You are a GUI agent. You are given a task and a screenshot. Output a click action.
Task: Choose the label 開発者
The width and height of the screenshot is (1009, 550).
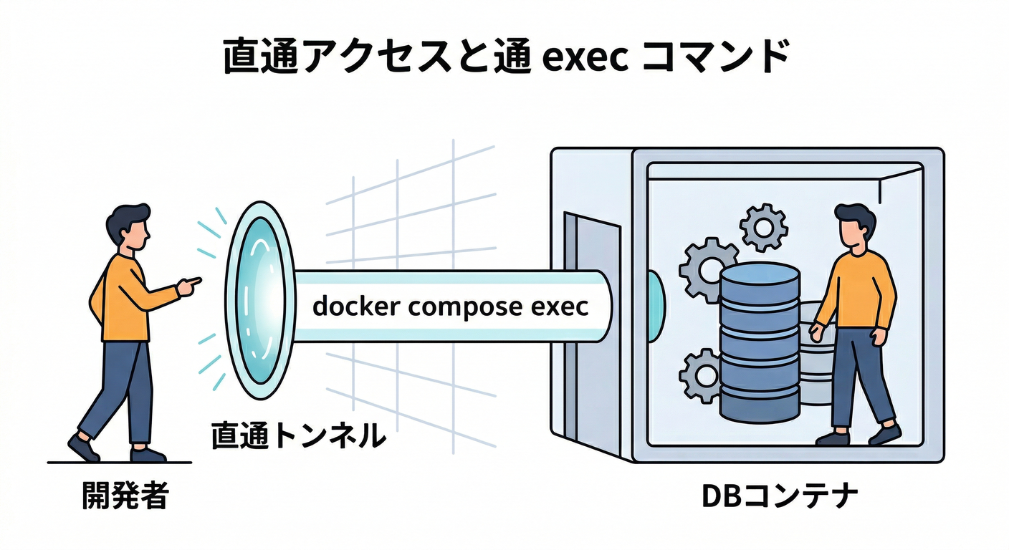[x=124, y=496]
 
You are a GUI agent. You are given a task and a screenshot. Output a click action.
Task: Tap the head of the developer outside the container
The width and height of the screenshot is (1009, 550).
[x=130, y=227]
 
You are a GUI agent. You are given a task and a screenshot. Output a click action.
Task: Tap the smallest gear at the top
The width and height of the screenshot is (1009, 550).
[x=763, y=227]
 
